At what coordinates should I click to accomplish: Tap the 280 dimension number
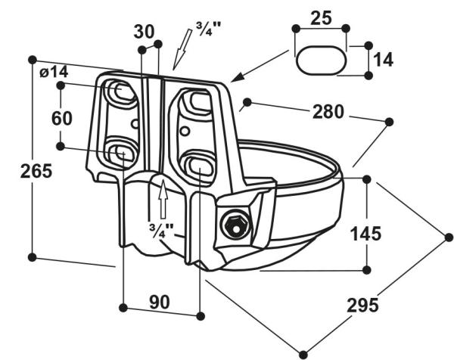(328, 113)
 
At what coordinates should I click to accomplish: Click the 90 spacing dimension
(159, 303)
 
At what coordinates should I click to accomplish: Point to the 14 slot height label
(384, 59)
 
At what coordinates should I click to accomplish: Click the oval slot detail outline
(319, 61)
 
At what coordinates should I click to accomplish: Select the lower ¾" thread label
(158, 228)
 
